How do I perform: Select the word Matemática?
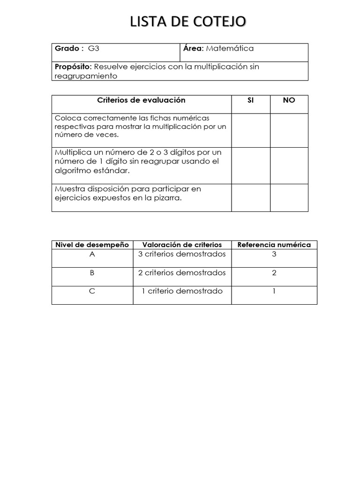(x=230, y=48)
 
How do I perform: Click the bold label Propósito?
(x=71, y=67)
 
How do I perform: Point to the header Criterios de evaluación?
(x=141, y=100)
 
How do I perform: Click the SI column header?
(x=250, y=100)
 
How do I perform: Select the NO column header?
(x=289, y=100)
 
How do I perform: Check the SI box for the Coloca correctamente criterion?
(x=250, y=130)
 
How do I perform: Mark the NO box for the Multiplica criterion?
(x=289, y=165)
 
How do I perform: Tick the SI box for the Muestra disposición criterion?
(x=250, y=197)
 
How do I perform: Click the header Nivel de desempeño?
(x=92, y=245)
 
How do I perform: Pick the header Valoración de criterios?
(x=182, y=245)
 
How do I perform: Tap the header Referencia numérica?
(x=274, y=245)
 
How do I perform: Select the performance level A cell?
(x=92, y=255)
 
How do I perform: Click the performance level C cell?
(x=92, y=291)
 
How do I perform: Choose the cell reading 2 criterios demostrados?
(x=182, y=273)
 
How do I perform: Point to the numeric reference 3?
(x=274, y=255)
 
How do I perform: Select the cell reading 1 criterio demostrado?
(x=182, y=291)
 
